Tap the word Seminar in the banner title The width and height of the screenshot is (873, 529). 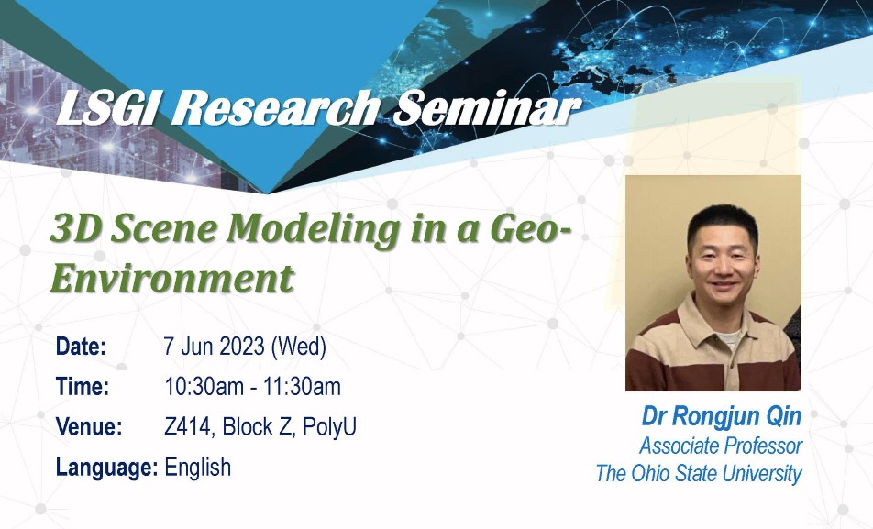485,107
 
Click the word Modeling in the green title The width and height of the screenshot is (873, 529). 313,230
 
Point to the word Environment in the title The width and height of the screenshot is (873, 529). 171,278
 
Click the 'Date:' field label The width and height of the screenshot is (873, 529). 81,347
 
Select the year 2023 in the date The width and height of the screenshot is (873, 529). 242,347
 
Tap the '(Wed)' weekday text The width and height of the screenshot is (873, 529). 298,347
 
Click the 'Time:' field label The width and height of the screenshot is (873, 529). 83,387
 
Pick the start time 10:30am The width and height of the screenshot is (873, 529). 204,387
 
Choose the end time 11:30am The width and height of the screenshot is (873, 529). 301,387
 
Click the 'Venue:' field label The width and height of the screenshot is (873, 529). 89,427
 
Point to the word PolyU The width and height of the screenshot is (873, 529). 329,427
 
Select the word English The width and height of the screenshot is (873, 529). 198,468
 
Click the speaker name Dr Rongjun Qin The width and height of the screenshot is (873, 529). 722,416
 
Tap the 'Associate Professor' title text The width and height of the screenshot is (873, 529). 721,446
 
